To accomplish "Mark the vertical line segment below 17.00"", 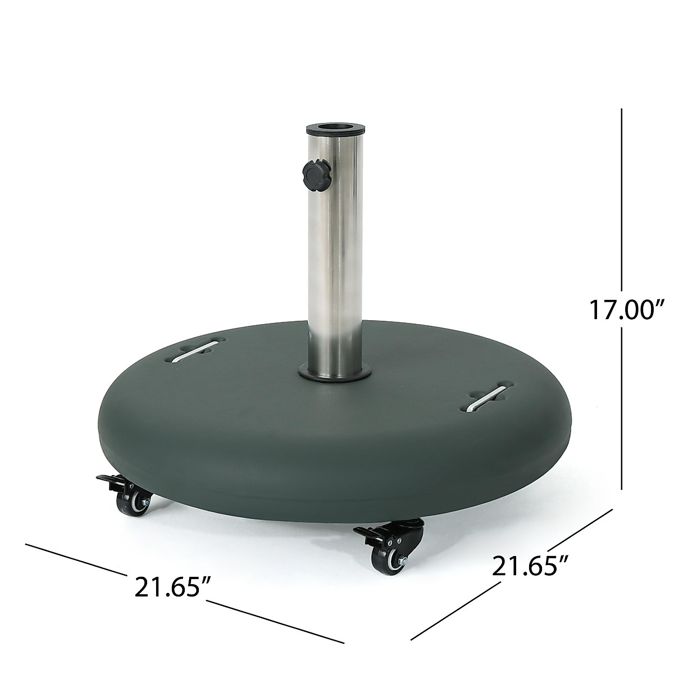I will [x=622, y=410].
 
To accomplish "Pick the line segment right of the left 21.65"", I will [x=275, y=621].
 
